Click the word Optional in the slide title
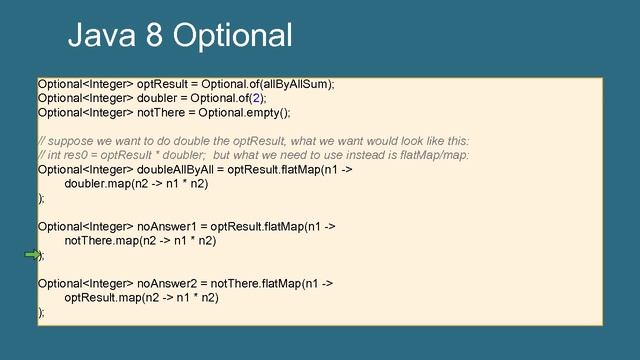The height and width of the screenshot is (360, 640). [232, 36]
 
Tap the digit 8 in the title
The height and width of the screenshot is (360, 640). [153, 36]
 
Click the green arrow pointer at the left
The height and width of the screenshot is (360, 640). [31, 256]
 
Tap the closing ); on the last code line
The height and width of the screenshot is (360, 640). [41, 312]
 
